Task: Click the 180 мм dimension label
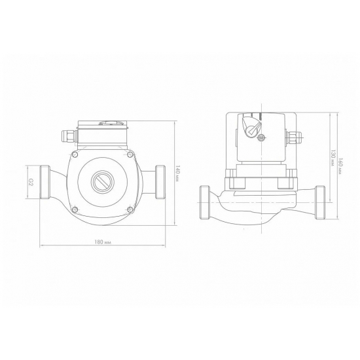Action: coord(103,242)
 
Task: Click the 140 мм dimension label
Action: coord(177,173)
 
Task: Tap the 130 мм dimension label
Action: coord(333,158)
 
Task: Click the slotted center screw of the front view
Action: coord(102,182)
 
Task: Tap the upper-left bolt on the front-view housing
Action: coord(75,154)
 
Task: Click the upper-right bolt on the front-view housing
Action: coord(130,154)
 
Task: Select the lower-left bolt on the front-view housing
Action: coord(75,209)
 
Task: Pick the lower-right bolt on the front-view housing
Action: coord(130,209)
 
